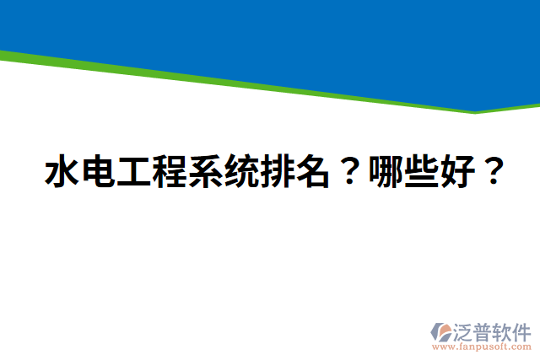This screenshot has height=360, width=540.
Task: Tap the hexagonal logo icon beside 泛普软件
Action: coord(441,331)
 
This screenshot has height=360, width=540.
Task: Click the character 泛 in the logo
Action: coord(465,330)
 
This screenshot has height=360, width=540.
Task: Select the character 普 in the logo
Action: coord(485,330)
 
